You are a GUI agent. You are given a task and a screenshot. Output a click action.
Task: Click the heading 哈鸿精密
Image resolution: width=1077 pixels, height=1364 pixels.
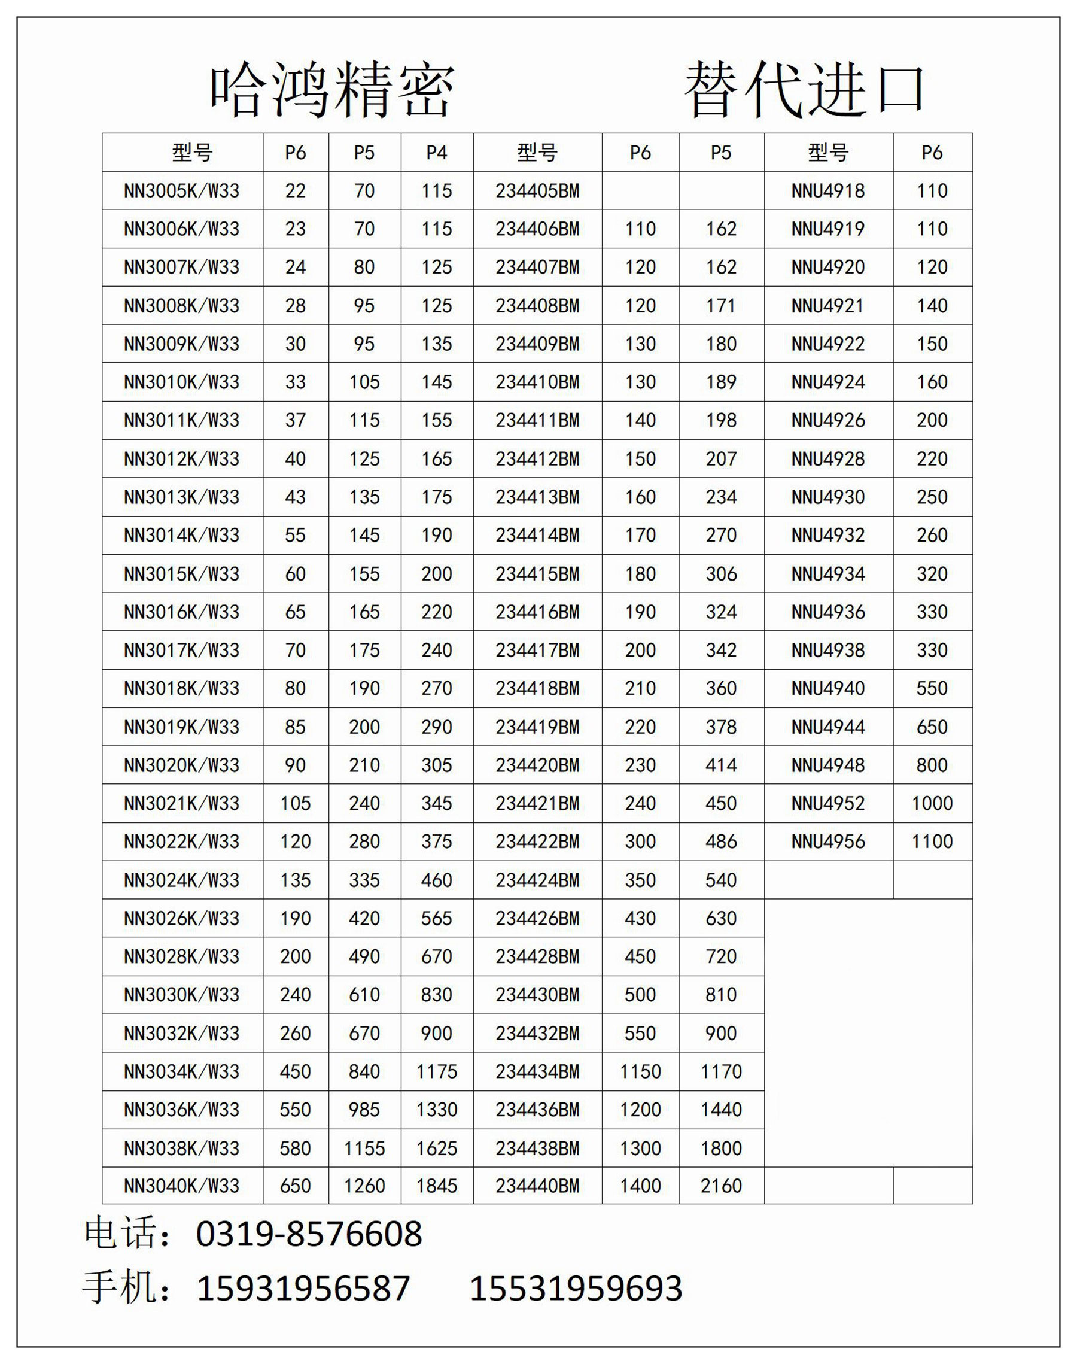coord(331,90)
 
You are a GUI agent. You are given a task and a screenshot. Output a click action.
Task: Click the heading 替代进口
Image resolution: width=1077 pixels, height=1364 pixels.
coord(804,90)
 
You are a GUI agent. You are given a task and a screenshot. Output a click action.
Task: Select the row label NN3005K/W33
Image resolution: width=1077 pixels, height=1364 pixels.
coord(182,190)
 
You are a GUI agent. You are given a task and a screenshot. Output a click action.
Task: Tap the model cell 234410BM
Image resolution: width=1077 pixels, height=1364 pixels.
coord(537,382)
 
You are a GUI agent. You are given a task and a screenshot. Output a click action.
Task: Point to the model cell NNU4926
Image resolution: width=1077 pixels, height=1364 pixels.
coord(828,420)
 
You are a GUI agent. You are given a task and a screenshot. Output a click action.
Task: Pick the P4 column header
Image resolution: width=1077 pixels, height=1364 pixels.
coord(436,153)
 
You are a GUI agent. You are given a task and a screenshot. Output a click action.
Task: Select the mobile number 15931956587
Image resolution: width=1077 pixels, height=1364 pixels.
coord(304,1289)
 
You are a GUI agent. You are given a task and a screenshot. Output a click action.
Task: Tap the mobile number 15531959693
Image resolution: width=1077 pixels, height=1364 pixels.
coord(576,1289)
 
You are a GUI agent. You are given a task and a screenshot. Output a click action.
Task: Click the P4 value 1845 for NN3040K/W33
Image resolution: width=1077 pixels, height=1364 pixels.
coord(436,1186)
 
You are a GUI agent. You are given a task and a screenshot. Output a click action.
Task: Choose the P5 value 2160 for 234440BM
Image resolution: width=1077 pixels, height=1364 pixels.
coord(721,1186)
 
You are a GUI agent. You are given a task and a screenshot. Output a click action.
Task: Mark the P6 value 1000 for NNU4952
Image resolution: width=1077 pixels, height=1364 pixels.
coord(932,803)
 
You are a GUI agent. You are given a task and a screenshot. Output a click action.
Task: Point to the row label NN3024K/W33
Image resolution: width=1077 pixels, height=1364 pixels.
coord(182,880)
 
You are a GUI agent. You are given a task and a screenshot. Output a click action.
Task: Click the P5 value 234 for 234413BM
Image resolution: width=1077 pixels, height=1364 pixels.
coord(721,497)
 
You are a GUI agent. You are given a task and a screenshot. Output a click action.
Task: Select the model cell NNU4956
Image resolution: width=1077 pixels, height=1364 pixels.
coord(828,842)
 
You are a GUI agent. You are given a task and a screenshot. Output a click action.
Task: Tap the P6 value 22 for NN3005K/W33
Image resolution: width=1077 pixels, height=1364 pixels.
coord(295,190)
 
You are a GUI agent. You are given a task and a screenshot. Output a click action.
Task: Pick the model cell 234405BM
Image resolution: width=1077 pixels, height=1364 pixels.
coord(537,190)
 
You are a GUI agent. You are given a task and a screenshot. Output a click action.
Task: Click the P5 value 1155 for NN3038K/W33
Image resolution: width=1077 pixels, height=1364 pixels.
coord(364,1148)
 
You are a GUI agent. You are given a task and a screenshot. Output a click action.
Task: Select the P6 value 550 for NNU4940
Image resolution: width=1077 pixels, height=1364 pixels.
coord(932,688)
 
